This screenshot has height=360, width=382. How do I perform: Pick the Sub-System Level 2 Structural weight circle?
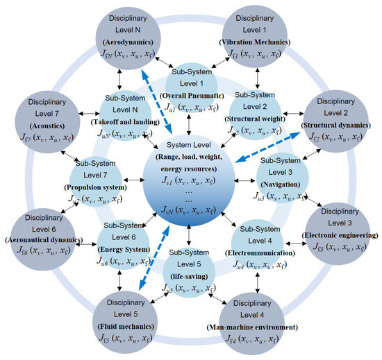click(x=257, y=115)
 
